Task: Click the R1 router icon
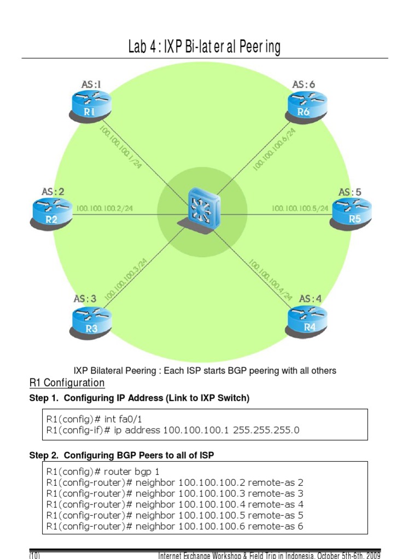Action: click(90, 106)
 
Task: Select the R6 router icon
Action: click(307, 106)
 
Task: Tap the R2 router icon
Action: click(51, 213)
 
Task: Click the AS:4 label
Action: click(310, 299)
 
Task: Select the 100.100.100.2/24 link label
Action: click(105, 209)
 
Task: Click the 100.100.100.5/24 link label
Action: click(300, 208)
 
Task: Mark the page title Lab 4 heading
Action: click(204, 47)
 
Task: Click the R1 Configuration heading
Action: click(67, 383)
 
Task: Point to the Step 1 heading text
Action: click(139, 399)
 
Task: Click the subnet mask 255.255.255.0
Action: click(266, 430)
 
